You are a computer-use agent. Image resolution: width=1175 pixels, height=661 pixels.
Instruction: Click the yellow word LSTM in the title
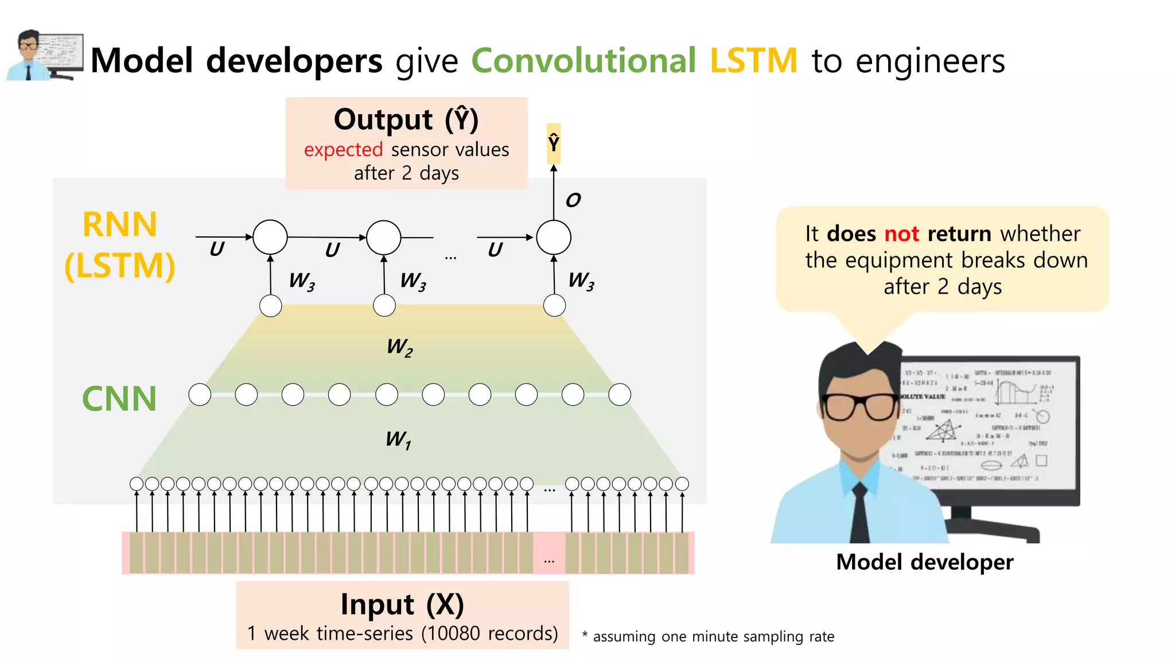753,60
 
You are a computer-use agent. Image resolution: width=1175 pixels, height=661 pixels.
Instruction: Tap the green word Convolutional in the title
583,60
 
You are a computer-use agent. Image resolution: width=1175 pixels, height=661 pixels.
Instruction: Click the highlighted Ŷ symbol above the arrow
554,143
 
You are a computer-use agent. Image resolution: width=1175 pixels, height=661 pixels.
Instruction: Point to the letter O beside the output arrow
573,200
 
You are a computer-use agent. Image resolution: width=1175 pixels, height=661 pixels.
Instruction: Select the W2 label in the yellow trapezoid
399,347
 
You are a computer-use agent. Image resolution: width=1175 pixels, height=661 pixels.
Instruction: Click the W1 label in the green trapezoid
398,440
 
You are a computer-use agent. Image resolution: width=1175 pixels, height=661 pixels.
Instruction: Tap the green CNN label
119,399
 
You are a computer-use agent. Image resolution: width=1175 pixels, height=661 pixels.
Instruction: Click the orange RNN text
119,224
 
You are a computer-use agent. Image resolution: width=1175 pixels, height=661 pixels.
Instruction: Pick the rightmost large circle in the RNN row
554,237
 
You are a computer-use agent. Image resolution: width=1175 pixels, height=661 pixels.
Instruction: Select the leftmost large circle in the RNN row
270,237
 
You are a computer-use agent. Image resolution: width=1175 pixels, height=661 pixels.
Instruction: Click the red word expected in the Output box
343,150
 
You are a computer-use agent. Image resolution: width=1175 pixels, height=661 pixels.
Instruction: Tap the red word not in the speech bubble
901,234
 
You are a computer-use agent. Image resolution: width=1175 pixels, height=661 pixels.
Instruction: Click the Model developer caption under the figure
924,562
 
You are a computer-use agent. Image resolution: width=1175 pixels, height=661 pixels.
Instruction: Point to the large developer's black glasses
859,406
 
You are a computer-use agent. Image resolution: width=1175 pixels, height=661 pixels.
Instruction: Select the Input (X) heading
402,604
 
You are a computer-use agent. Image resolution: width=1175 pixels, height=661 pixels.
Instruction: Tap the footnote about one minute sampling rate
709,636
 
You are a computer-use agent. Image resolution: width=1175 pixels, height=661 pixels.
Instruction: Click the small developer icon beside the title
44,55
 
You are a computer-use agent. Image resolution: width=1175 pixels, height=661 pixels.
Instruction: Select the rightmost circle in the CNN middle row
620,395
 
